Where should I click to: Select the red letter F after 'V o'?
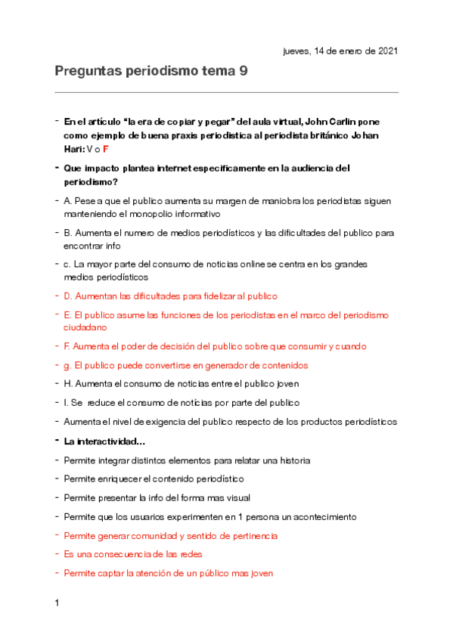pyautogui.click(x=107, y=149)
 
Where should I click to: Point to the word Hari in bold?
pyautogui.click(x=75, y=149)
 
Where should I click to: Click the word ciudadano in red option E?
pyautogui.click(x=85, y=327)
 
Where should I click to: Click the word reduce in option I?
pyautogui.click(x=107, y=403)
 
